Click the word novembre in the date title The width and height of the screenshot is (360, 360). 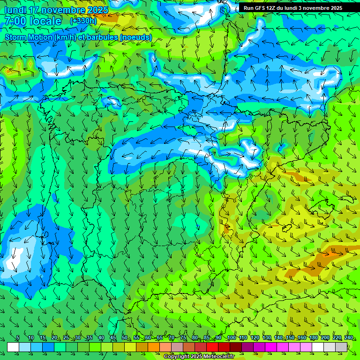coord(63,10)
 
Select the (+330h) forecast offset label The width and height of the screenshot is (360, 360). coord(83,21)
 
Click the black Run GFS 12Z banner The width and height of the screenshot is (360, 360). coord(292,7)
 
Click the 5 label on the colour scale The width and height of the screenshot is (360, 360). coord(18,338)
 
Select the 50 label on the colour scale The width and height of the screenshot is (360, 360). coord(125,338)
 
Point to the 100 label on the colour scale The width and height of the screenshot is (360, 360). coord(231,338)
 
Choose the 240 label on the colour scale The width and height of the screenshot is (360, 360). coord(348,338)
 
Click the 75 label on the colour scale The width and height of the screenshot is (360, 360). coord(183,338)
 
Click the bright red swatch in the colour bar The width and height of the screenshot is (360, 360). coord(212,347)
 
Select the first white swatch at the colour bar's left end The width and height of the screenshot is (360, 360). coord(13,347)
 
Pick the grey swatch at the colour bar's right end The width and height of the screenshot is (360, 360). coord(341,347)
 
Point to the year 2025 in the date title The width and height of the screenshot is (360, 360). coord(97,10)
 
